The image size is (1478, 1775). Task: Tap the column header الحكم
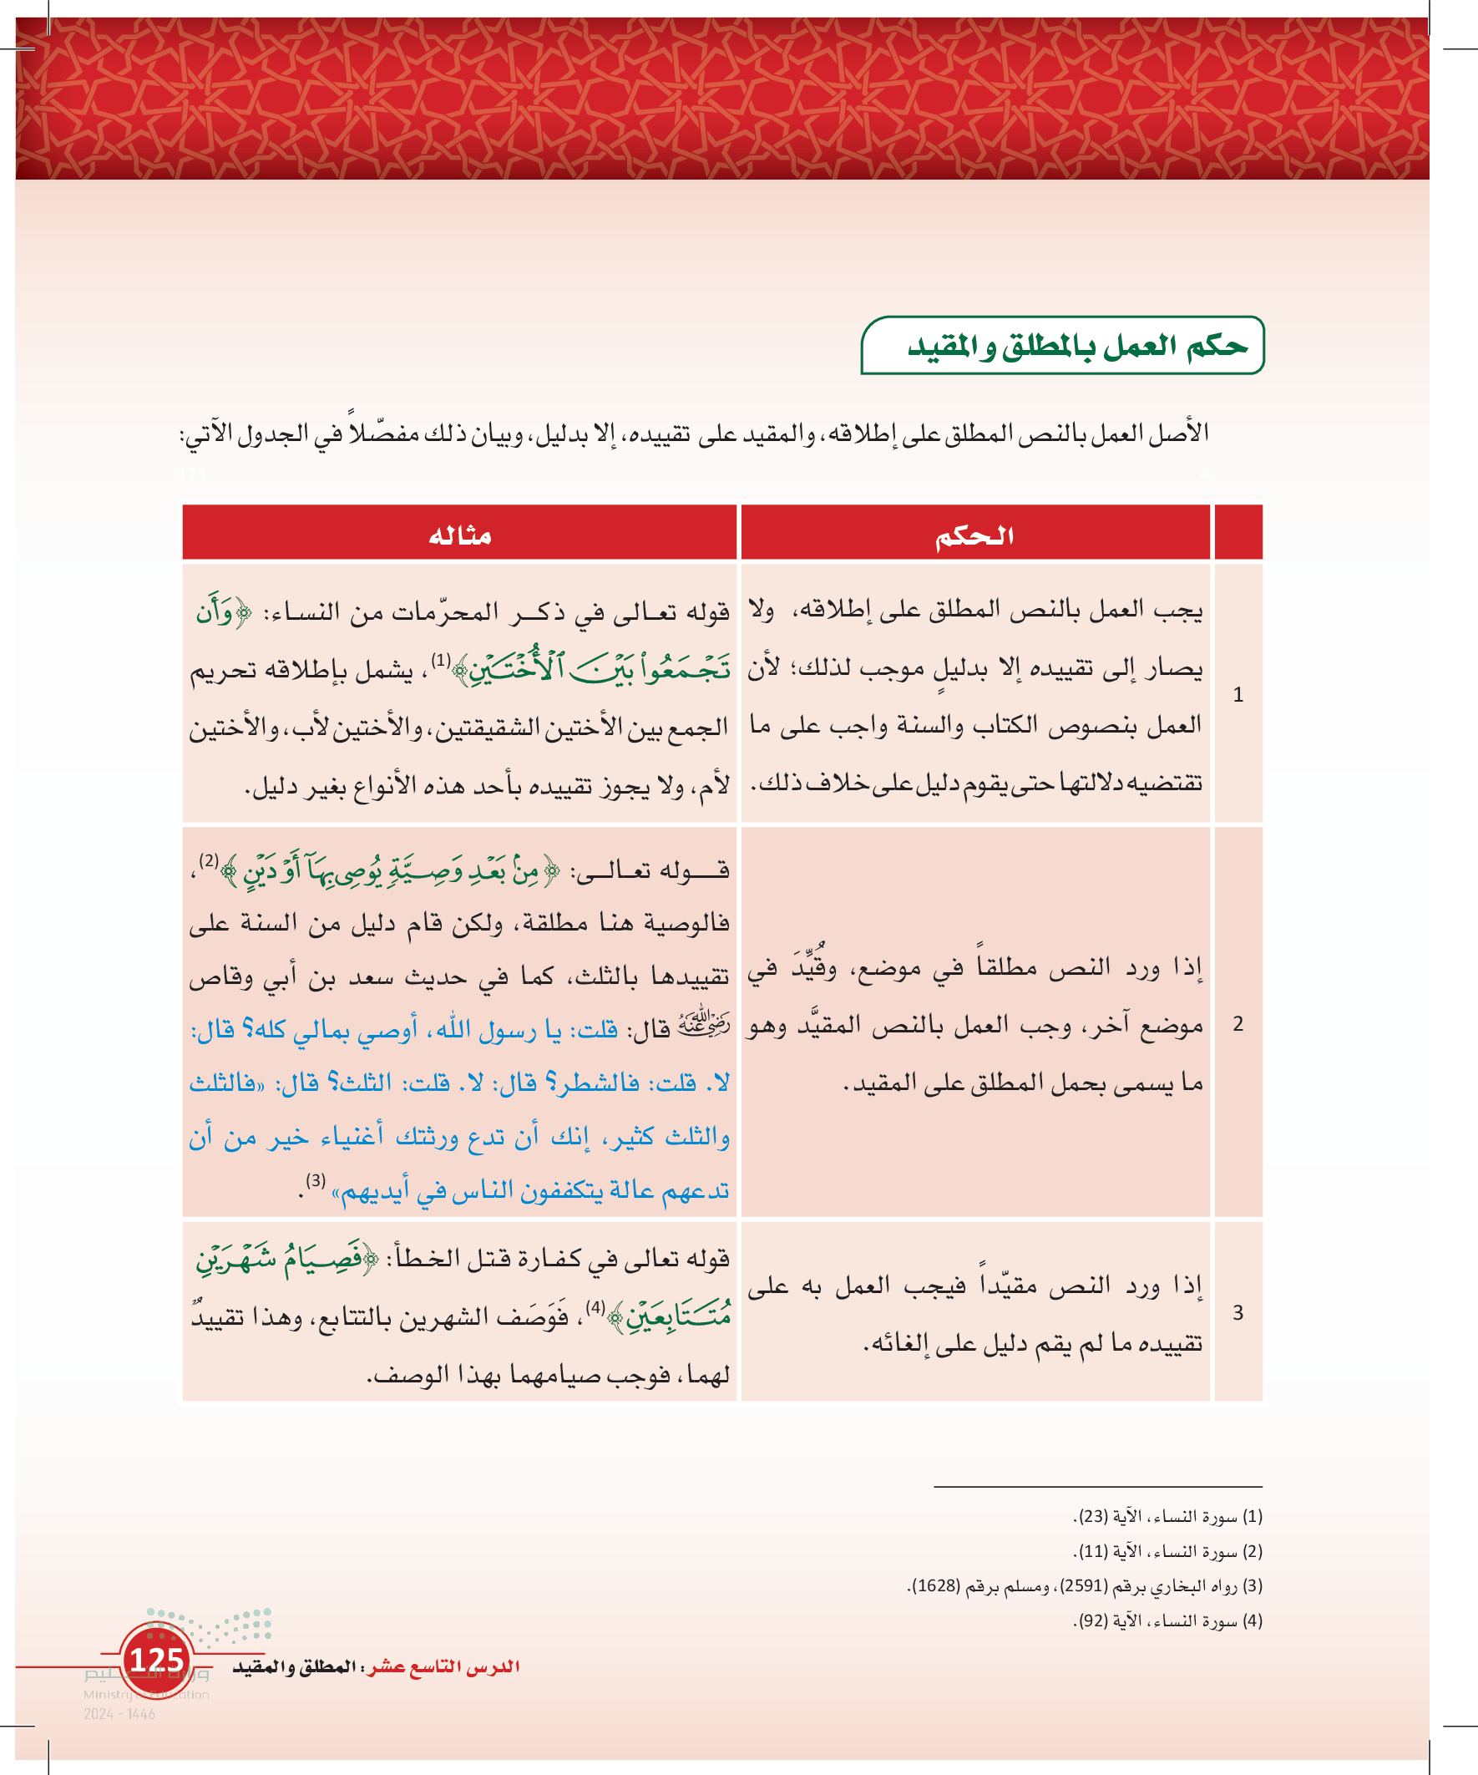(974, 535)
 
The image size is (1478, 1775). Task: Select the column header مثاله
(460, 535)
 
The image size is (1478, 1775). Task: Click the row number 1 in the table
(1238, 695)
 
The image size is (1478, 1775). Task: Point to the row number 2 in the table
(1238, 1024)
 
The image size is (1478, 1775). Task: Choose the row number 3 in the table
(1238, 1312)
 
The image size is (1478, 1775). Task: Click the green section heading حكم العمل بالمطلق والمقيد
(1076, 346)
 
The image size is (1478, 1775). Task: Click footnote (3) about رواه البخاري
(1085, 1585)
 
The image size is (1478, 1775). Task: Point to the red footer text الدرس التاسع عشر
(444, 1666)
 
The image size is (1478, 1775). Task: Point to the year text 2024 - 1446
(119, 1714)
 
